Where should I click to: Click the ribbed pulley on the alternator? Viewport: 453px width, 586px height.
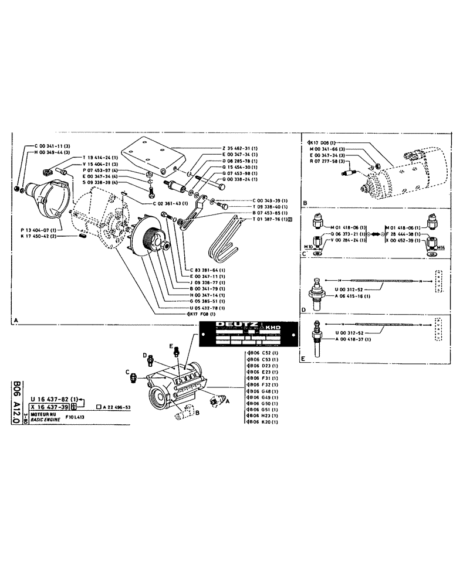click(150, 237)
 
